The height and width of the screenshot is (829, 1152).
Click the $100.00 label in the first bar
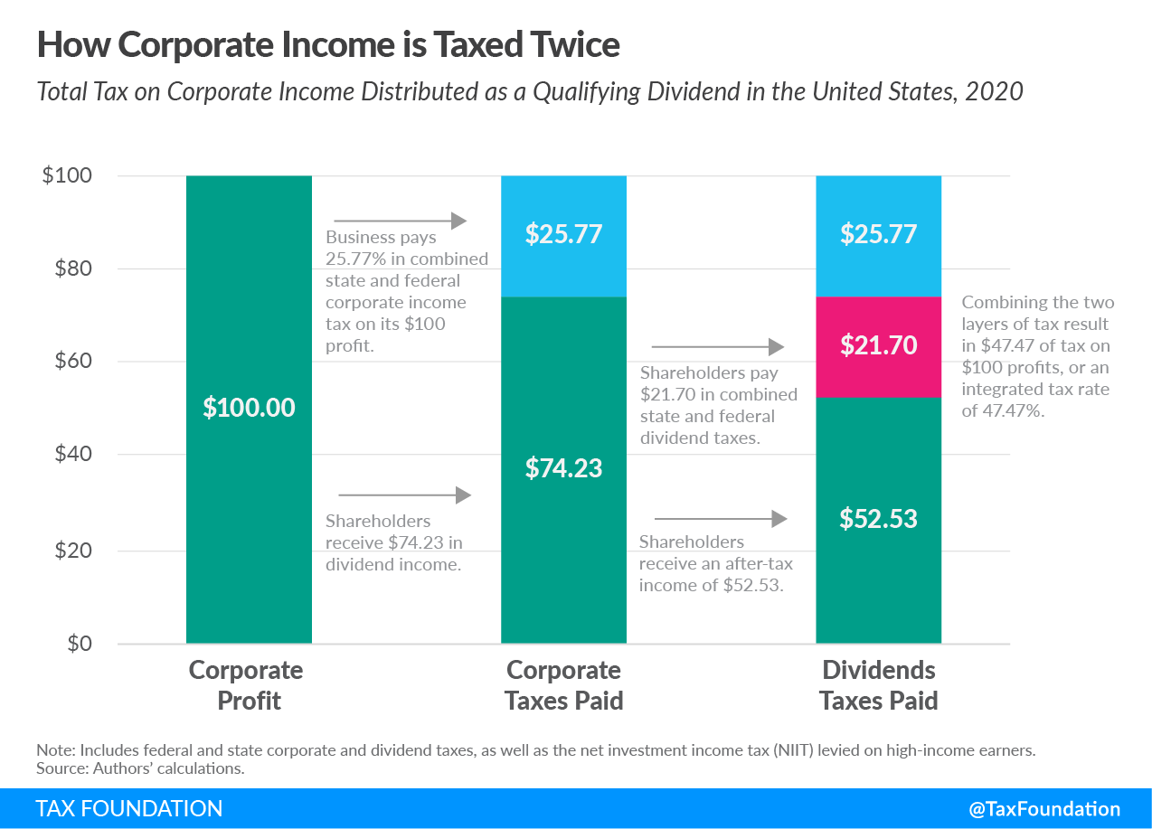click(249, 408)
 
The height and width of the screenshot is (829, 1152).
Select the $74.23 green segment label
click(563, 468)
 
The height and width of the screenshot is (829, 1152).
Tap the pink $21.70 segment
click(878, 345)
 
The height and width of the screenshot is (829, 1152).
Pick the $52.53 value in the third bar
click(878, 518)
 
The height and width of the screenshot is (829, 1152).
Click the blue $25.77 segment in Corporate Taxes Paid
click(563, 235)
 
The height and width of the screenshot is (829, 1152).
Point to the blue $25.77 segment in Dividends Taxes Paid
click(878, 235)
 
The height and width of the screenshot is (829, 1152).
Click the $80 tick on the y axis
click(68, 268)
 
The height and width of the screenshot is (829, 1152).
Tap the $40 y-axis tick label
click(68, 455)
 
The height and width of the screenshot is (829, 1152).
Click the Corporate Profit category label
click(246, 685)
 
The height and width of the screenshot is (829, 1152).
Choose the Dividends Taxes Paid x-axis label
click(878, 685)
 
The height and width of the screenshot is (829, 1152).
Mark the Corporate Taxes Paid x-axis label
click(563, 685)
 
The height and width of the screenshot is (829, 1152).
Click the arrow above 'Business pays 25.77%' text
click(400, 221)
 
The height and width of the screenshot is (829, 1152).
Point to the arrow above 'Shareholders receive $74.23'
click(404, 495)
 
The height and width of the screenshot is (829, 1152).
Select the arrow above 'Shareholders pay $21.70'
click(717, 346)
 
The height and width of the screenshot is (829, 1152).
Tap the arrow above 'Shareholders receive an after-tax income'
click(721, 519)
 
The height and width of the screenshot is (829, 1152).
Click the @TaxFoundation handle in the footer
click(1044, 809)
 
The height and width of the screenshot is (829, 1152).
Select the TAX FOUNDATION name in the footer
click(128, 809)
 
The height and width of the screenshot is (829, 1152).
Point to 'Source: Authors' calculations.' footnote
click(140, 768)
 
